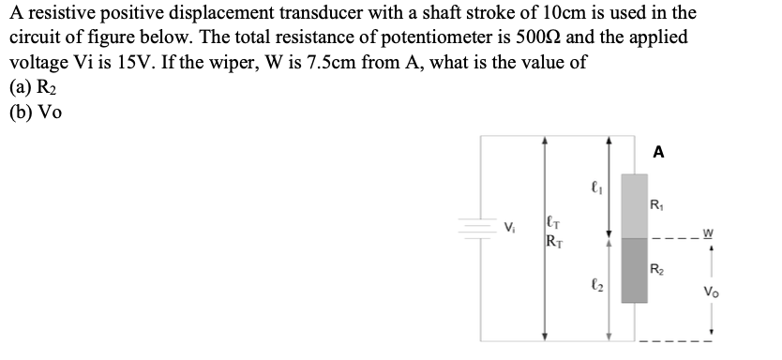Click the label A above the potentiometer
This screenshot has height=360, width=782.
click(658, 152)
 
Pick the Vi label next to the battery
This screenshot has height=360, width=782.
click(510, 226)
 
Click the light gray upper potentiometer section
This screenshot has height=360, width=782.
click(635, 205)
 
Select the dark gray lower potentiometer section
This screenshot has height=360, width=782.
click(635, 269)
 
